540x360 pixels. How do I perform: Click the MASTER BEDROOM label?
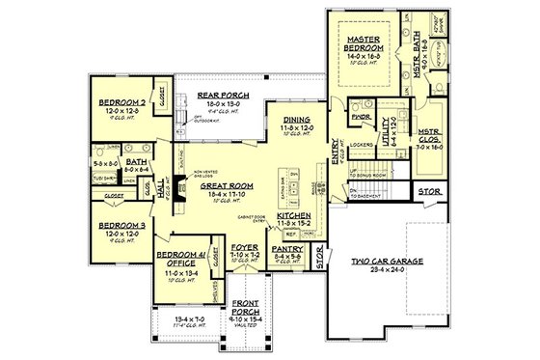click(364, 42)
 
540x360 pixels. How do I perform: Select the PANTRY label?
click(291, 247)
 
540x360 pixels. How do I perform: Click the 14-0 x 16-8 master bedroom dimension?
click(364, 58)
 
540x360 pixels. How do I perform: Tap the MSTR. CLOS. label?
click(428, 139)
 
